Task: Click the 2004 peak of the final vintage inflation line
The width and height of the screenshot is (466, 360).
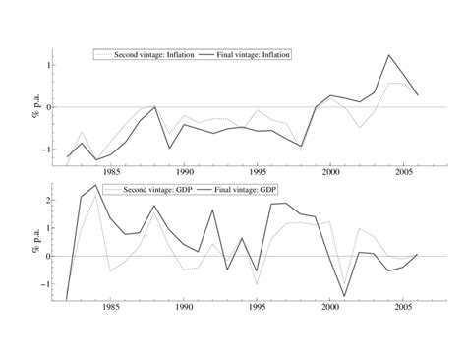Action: tap(388, 55)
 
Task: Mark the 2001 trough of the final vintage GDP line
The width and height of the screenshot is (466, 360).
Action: tap(344, 296)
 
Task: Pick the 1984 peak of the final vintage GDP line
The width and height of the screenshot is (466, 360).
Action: tap(96, 185)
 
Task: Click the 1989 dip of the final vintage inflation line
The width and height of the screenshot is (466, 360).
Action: tap(169, 149)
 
